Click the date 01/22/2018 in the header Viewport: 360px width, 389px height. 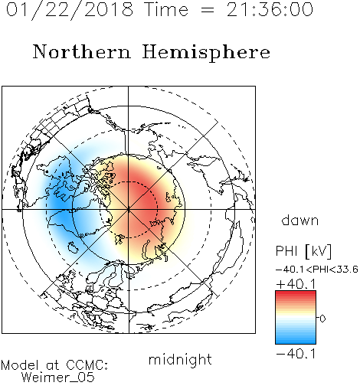coord(70,10)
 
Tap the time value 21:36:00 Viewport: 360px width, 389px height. coord(270,10)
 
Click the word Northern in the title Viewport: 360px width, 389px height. coord(82,51)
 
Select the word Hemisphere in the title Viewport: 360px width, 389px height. coord(206,53)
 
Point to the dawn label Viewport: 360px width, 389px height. coord(300,220)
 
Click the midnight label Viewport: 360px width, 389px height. coord(180,360)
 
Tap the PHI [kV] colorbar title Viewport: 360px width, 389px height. coord(303,251)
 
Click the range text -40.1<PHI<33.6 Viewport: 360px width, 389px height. coord(317,270)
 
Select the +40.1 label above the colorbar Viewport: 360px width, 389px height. coord(296,284)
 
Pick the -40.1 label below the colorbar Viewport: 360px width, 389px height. coord(296,354)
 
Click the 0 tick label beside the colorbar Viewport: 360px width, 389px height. coord(322,319)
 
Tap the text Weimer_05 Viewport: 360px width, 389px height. coord(58,378)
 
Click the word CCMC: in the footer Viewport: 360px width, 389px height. coord(87,365)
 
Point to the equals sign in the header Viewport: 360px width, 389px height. coord(208,10)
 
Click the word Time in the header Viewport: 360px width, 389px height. coord(166,10)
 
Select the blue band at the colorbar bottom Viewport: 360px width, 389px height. coord(296,341)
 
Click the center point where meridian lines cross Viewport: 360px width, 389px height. coord(129,209)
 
